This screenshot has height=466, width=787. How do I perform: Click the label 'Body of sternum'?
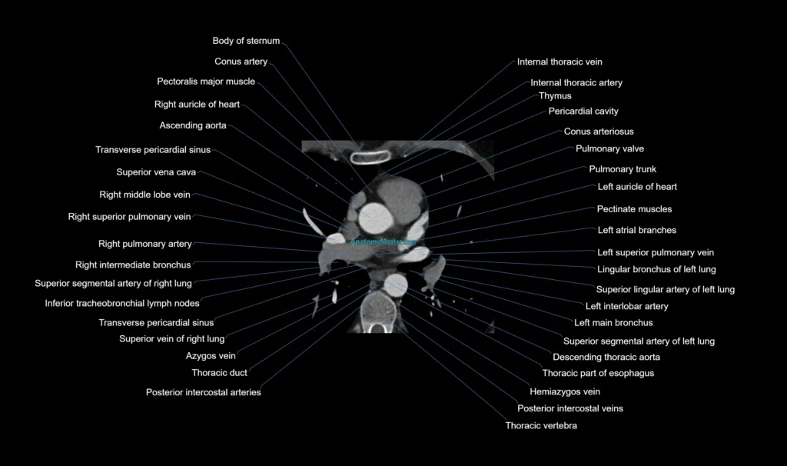[x=246, y=41]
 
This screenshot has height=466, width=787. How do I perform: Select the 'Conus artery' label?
[x=241, y=62]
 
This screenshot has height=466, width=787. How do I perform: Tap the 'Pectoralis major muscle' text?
[x=206, y=82]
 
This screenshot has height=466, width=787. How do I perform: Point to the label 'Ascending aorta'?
[x=193, y=125]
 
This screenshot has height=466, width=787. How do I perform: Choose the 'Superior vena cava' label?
[x=156, y=172]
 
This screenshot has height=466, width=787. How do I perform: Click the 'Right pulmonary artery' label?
[x=145, y=244]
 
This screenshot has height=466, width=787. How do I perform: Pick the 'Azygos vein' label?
[x=211, y=356]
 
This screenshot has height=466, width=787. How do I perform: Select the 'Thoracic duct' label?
[x=219, y=373]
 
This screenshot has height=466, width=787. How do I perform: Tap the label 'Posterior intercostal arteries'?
[x=203, y=392]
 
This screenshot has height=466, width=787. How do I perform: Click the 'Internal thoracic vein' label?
[x=560, y=62]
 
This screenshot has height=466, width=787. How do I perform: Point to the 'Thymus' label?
[x=555, y=96]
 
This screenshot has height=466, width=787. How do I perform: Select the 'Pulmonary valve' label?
[x=609, y=148]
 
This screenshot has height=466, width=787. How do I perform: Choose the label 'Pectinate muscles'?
[x=634, y=209]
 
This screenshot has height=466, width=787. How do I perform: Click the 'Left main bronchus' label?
[x=613, y=323]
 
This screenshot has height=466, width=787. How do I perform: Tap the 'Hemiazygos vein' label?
[x=565, y=391]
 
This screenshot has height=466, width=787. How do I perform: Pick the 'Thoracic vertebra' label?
[x=541, y=426]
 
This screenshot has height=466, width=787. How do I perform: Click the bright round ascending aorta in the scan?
[x=375, y=218]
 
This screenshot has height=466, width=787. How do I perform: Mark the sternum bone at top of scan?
[x=370, y=158]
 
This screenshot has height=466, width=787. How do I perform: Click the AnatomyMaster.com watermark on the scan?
[x=383, y=242]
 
